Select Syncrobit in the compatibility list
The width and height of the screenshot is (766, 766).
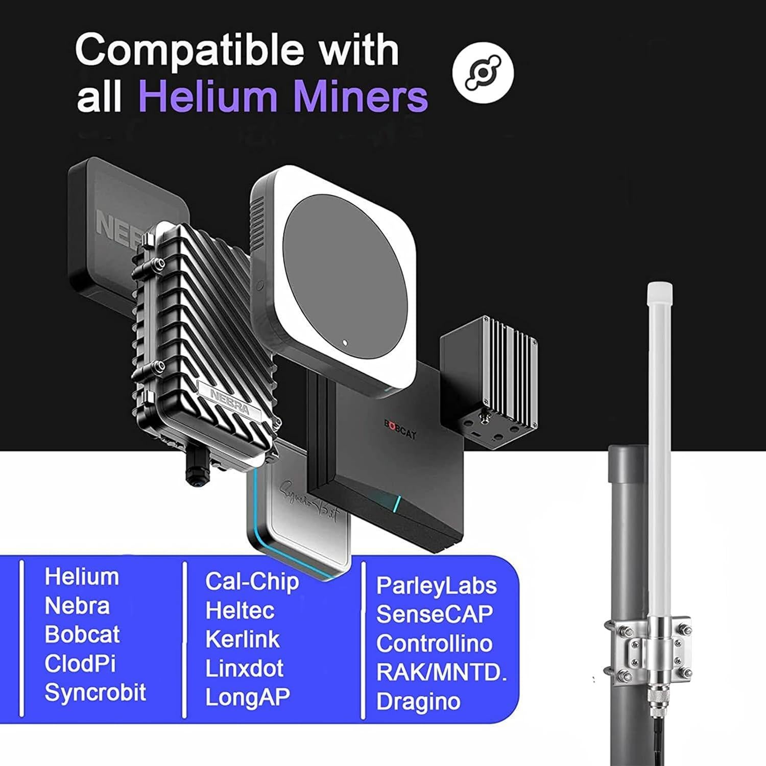tap(95, 692)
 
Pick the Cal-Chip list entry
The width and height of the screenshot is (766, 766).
tap(252, 582)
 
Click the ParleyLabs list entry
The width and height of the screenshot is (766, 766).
tap(436, 585)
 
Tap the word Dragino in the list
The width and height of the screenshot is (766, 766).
tap(418, 701)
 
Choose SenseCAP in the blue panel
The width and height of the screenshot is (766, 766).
tap(435, 614)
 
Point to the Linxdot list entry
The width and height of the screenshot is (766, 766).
tap(244, 668)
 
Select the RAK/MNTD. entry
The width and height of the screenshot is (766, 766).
tap(442, 672)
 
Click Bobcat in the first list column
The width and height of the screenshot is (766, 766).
tap(82, 634)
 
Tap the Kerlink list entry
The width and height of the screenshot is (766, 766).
tap(242, 639)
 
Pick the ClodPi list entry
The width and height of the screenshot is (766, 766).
tap(80, 663)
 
